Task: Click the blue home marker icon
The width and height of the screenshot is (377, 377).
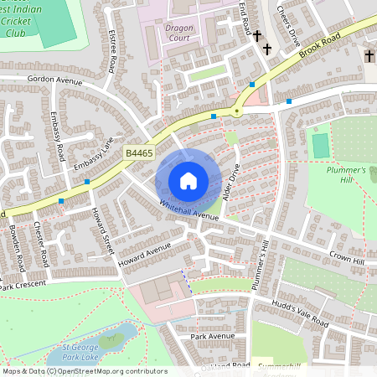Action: tap(188, 181)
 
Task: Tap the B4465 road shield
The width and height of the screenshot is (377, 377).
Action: tap(139, 153)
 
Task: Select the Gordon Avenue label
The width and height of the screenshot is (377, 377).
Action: tap(55, 81)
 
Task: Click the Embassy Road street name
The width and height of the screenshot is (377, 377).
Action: tap(58, 134)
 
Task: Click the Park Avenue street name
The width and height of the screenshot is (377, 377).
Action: tap(213, 336)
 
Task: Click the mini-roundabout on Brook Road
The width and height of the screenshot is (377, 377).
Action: tap(238, 111)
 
